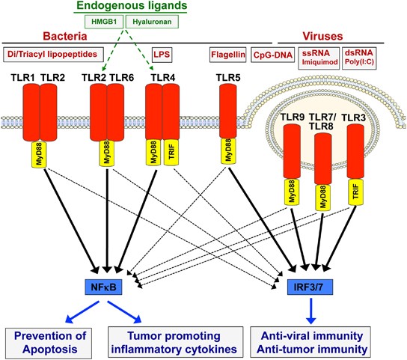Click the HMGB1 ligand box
tap(104, 22)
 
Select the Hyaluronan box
tap(152, 22)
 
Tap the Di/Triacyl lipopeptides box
tap(53, 55)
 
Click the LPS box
tap(162, 55)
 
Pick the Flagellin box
tap(228, 55)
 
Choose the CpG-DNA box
tap(273, 55)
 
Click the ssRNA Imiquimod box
tap(319, 58)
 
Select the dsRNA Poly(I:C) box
tap(359, 58)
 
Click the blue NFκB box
tap(103, 287)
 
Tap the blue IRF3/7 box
tap(310, 287)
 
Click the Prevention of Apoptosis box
tap(49, 343)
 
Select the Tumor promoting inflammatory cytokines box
tap(176, 342)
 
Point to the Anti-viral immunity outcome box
tap(310, 342)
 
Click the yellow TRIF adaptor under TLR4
tap(171, 152)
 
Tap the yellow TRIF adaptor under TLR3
tap(355, 192)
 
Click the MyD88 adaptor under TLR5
tap(228, 150)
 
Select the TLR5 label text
tap(228, 78)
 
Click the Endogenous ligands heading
tap(132, 5)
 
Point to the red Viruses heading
tap(322, 37)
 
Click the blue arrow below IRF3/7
tap(311, 311)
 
